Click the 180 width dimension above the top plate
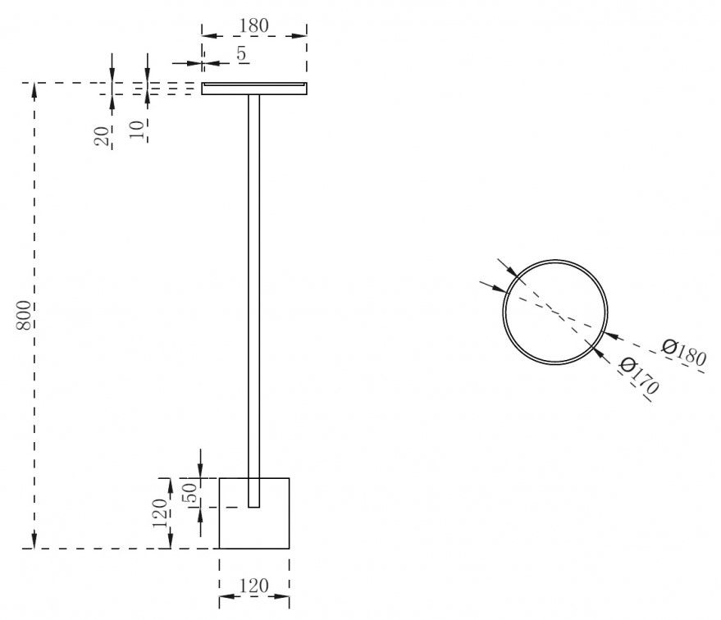click(x=253, y=25)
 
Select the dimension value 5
click(x=241, y=54)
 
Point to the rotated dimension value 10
click(x=138, y=129)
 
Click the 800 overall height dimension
click(x=25, y=315)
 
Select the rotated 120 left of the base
click(x=161, y=513)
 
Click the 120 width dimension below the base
click(x=254, y=586)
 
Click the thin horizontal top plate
click(x=254, y=89)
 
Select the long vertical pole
click(x=254, y=295)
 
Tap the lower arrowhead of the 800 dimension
click(x=34, y=542)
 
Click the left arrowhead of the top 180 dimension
click(x=208, y=35)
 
